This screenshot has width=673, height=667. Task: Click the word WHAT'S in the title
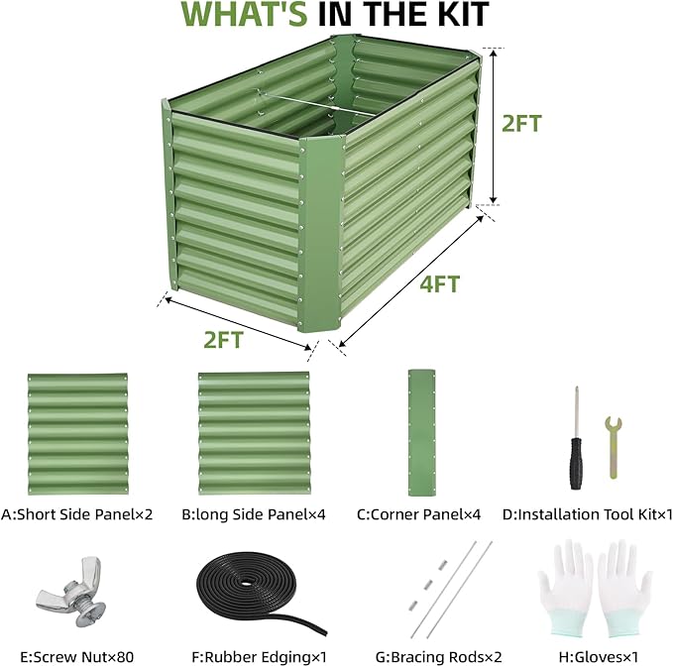click(x=244, y=14)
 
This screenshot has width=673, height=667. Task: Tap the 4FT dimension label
click(x=439, y=284)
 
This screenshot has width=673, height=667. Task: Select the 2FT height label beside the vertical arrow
click(x=521, y=124)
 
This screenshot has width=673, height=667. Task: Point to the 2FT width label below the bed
click(x=223, y=340)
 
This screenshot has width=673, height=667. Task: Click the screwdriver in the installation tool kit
click(x=576, y=439)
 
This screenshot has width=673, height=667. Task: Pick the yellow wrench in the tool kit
click(x=614, y=447)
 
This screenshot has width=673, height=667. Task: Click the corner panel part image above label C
click(x=421, y=432)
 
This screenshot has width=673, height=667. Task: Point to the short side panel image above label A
click(x=77, y=434)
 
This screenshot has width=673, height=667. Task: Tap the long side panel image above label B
click(x=254, y=433)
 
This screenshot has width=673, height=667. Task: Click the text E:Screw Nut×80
click(x=77, y=657)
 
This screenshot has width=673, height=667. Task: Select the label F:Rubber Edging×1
click(x=260, y=657)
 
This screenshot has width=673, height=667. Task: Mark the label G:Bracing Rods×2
click(x=439, y=657)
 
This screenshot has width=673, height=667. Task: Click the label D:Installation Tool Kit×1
click(x=587, y=514)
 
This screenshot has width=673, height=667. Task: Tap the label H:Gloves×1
click(x=599, y=657)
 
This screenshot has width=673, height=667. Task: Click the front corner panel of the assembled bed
click(x=320, y=234)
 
